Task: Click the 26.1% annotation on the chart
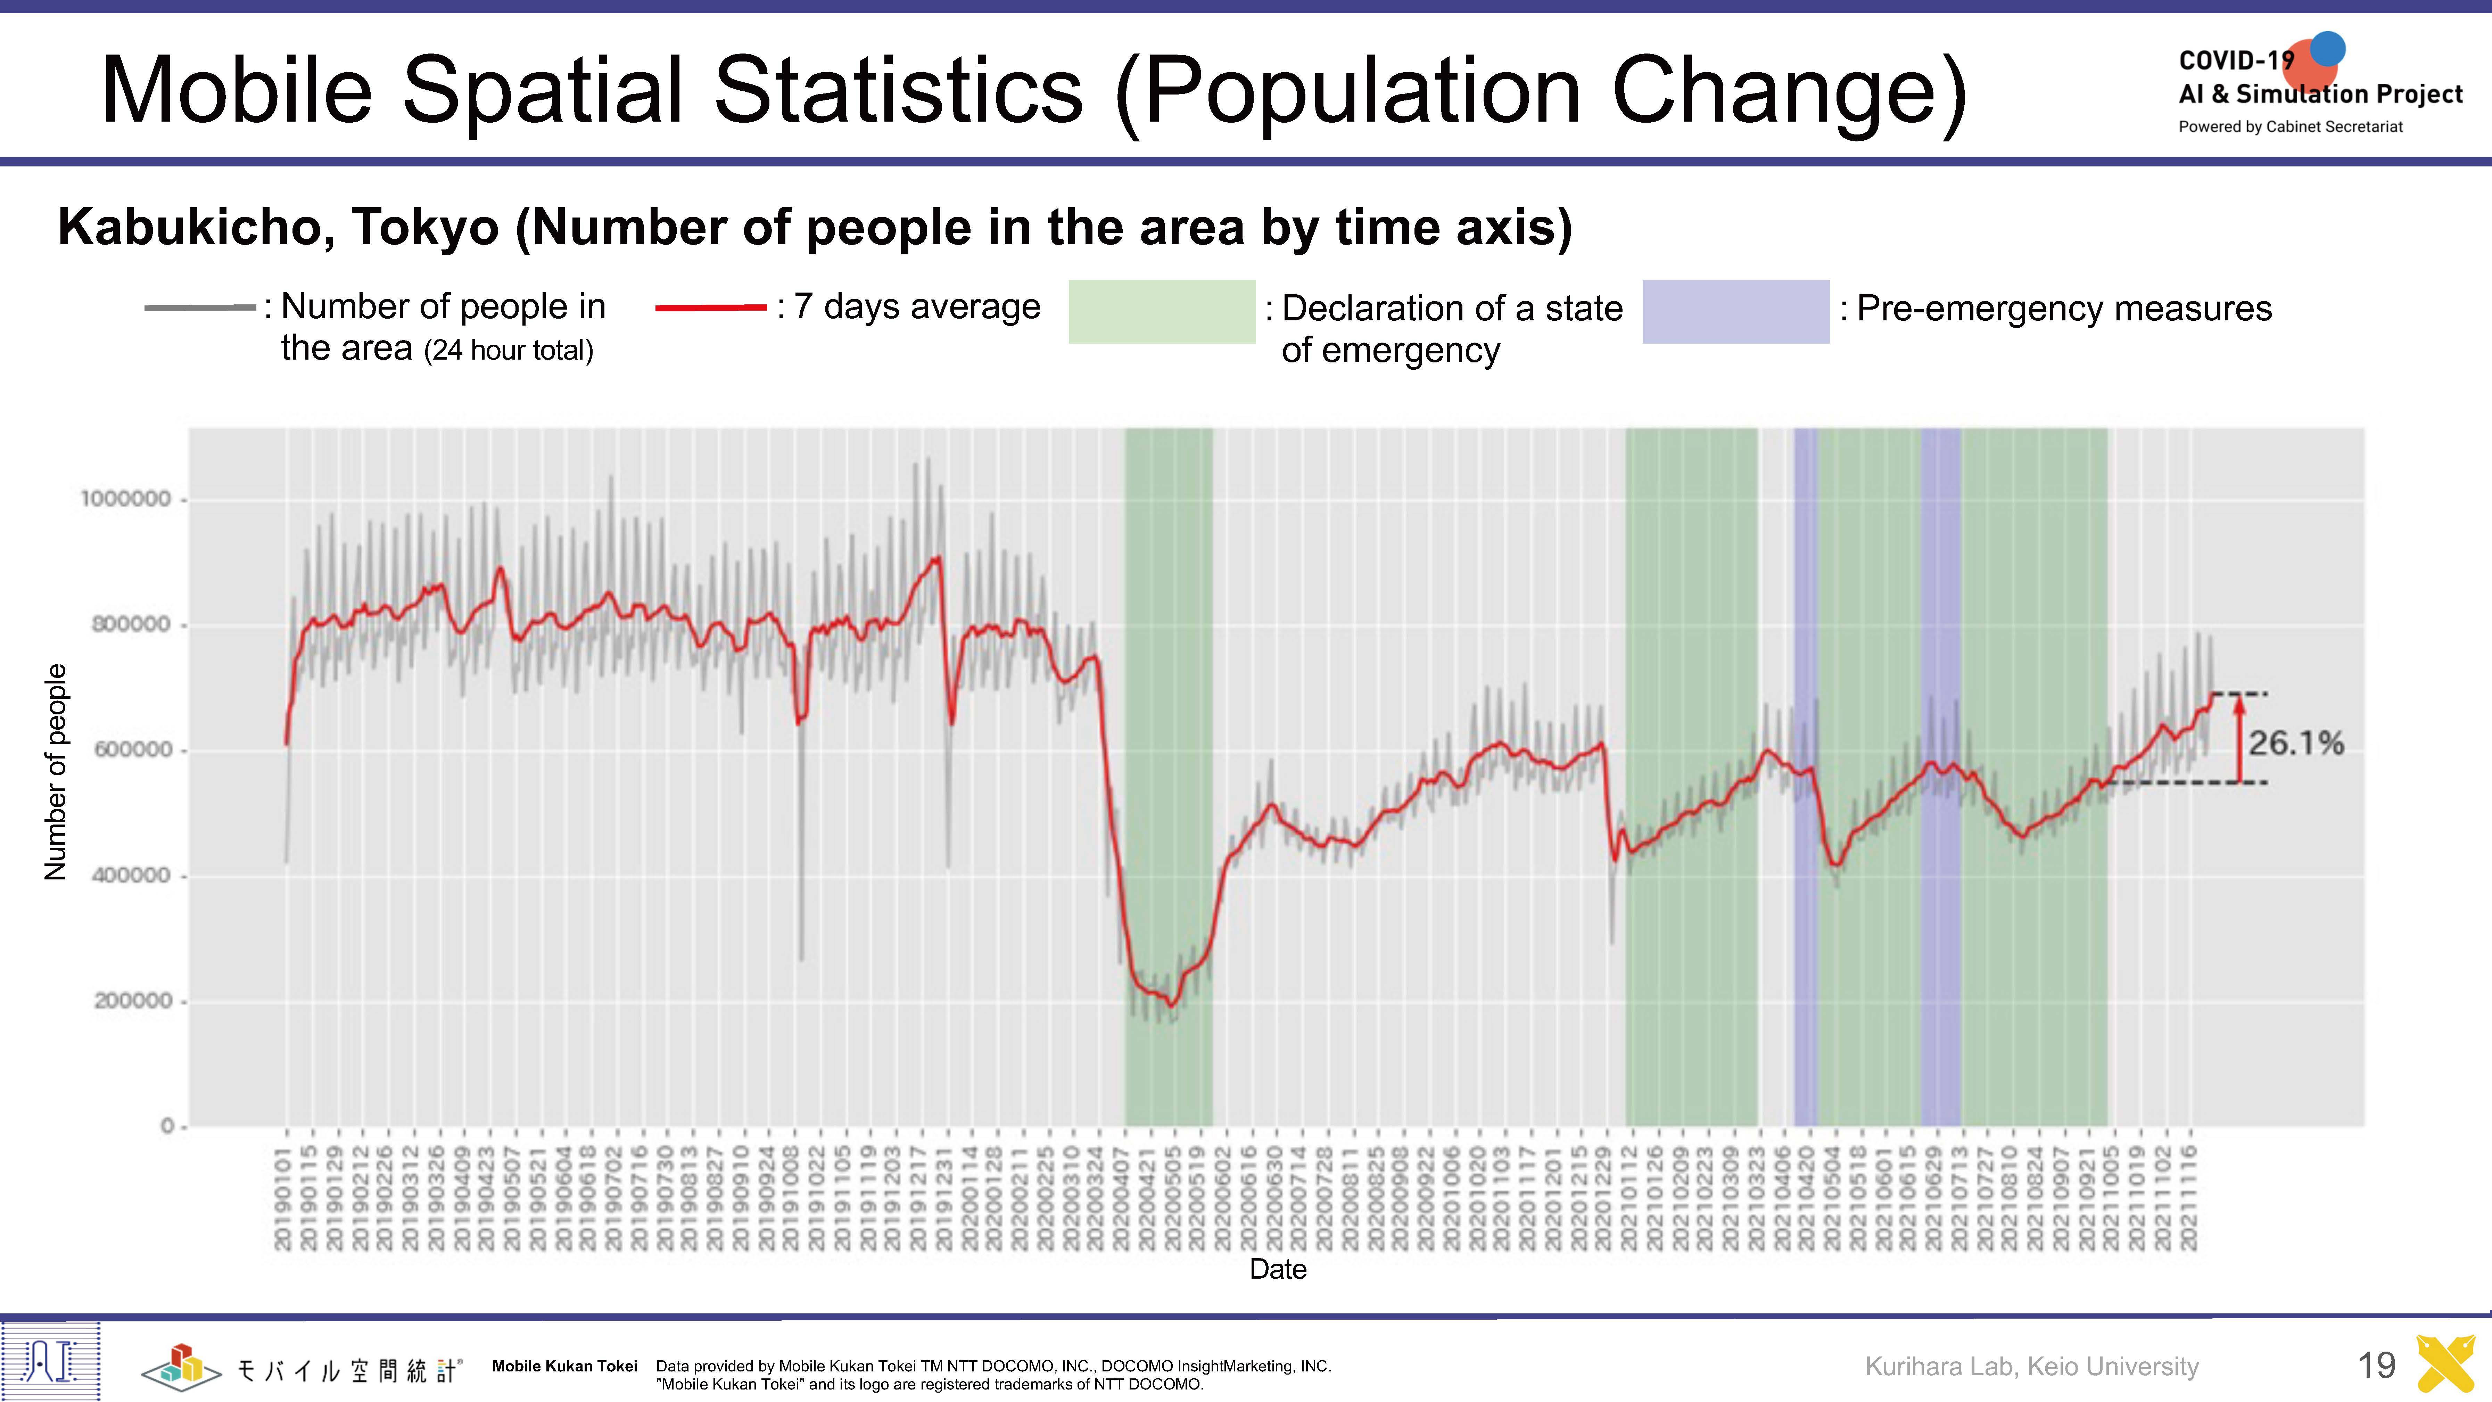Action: coord(2296,743)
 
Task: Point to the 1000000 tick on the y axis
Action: coord(126,499)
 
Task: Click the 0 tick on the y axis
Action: coord(167,1126)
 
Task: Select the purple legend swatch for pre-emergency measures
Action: coord(1735,312)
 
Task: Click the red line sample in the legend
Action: coord(711,308)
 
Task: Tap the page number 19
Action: coord(2376,1365)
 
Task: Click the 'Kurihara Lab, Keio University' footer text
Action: coord(2031,1366)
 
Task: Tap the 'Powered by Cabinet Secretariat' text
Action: coord(2290,127)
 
